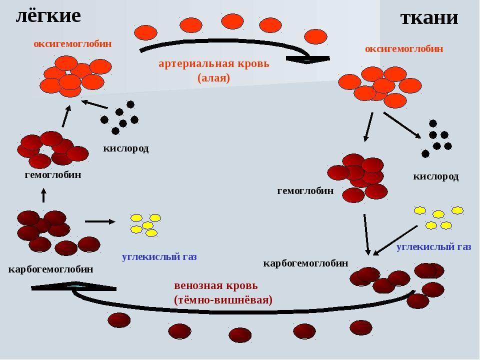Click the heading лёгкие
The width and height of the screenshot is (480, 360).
coord(48,16)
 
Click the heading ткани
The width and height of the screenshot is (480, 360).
coord(429,18)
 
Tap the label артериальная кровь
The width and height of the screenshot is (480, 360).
coord(214,63)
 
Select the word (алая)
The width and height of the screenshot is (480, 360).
coord(213,78)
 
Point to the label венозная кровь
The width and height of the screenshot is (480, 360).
coord(216,285)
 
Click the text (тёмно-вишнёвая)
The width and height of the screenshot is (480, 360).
coord(223,300)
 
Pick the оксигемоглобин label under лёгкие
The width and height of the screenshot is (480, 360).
coord(72,44)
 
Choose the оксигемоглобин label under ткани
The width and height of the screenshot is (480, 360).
coord(404,48)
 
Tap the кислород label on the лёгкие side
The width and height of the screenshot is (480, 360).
coord(126,148)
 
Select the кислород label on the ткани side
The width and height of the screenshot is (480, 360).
coord(435,176)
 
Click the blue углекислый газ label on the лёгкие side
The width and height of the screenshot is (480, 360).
coord(159,257)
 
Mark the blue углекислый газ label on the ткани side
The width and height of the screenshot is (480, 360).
coord(434,246)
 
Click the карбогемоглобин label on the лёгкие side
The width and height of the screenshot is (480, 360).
coord(50,269)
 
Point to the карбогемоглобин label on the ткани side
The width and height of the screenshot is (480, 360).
coord(305,263)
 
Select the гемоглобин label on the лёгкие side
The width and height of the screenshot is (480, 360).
coord(53,175)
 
